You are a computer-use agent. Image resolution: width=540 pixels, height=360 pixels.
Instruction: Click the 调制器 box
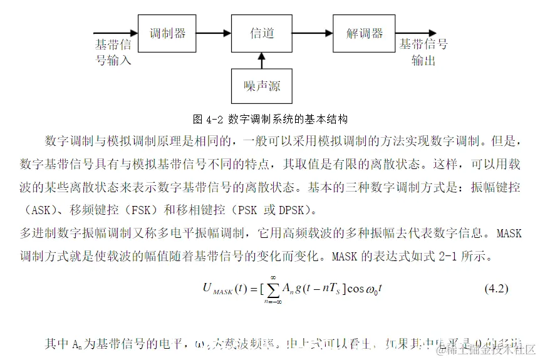(x=167, y=34)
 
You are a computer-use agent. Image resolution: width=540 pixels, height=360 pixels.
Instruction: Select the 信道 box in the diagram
(x=262, y=34)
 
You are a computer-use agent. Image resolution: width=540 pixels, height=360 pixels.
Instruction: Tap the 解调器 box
(x=365, y=34)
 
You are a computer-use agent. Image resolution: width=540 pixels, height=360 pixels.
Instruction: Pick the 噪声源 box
(x=262, y=86)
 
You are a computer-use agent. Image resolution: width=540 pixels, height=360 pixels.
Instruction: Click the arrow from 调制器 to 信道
(x=213, y=34)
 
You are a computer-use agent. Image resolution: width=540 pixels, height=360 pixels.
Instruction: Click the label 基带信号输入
(x=113, y=53)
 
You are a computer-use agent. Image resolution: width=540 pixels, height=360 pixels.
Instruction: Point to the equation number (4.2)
(x=497, y=289)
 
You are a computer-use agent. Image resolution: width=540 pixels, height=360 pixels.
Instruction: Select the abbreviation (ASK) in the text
(x=38, y=209)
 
